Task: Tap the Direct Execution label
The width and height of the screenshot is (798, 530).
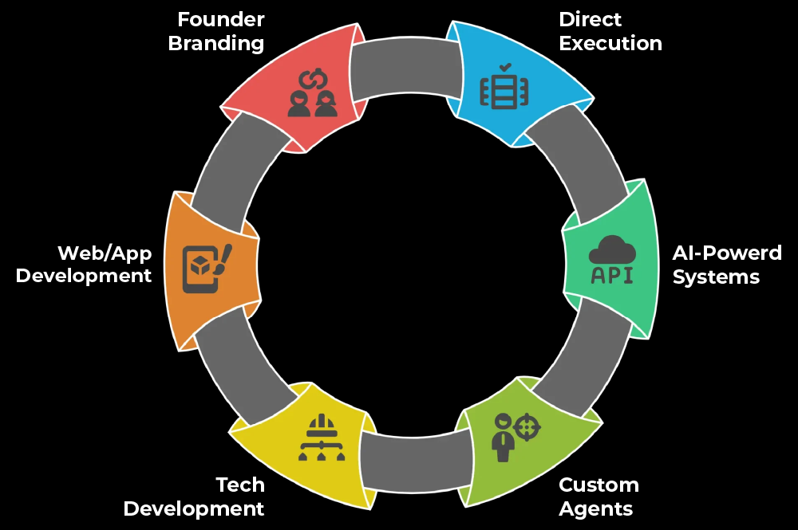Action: [x=610, y=30]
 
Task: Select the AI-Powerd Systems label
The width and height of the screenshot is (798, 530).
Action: [x=726, y=265]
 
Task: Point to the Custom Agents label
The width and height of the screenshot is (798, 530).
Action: [x=598, y=497]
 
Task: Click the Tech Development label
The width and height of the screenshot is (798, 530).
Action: [x=194, y=497]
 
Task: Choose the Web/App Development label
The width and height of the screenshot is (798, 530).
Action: [x=84, y=265]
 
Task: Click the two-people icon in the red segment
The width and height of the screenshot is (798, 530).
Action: [x=313, y=94]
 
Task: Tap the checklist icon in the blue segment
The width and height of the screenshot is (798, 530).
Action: [x=504, y=87]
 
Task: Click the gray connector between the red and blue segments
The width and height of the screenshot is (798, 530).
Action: [x=406, y=67]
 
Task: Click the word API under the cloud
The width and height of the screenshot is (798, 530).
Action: [x=612, y=276]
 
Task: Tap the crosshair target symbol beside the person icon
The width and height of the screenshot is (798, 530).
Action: [x=526, y=426]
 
